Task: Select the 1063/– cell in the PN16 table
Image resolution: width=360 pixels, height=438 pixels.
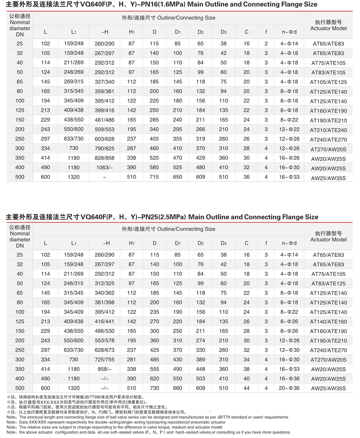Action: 104,167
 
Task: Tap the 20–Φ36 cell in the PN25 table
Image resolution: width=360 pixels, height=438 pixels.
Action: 290,388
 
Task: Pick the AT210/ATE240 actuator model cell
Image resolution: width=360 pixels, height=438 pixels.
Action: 328,130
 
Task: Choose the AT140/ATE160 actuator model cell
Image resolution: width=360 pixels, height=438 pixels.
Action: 328,322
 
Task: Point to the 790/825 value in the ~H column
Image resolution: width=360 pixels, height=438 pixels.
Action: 104,148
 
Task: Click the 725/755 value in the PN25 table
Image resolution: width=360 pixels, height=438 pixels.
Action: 104,360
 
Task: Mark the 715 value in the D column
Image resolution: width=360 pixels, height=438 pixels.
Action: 154,177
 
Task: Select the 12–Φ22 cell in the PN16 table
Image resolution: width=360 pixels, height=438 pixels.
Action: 290,129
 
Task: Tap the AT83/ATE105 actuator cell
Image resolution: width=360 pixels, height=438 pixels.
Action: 328,72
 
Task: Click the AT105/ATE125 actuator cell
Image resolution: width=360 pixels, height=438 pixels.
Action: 328,82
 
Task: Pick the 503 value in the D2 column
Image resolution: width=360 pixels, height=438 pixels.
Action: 200,379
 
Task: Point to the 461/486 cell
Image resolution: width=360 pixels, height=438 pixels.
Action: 104,120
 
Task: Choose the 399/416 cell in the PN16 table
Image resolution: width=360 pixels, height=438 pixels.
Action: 104,110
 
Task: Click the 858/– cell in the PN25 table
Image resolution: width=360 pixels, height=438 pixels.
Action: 104,369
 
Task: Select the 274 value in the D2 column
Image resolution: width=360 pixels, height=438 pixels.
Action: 200,341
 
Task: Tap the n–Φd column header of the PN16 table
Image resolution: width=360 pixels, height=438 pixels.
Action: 290,32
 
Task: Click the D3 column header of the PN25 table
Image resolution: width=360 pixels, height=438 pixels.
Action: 224,243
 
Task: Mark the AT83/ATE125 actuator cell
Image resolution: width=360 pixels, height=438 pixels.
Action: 328,284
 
